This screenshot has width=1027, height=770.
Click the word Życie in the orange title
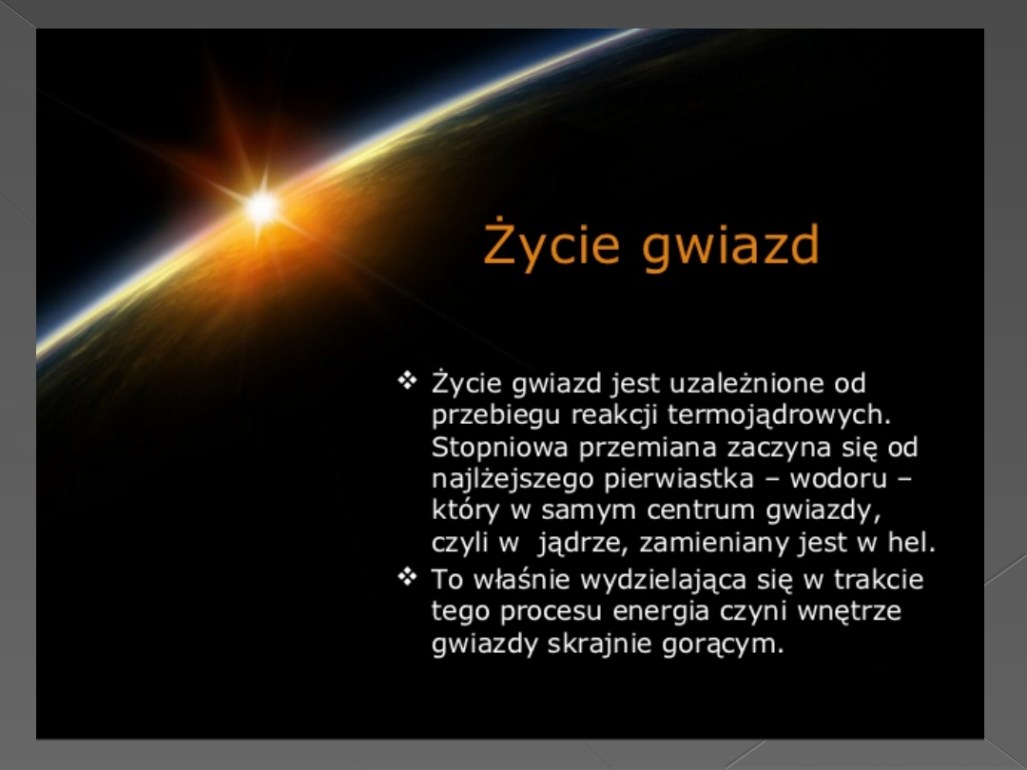[552, 244]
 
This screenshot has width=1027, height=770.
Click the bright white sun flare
[262, 206]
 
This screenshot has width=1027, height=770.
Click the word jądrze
[583, 544]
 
